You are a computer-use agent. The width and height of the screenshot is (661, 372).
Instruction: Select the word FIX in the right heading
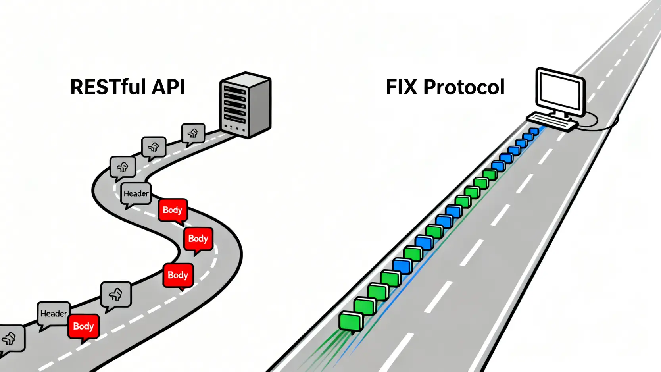pyautogui.click(x=402, y=87)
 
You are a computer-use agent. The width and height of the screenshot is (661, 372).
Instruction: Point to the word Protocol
pyautogui.click(x=464, y=87)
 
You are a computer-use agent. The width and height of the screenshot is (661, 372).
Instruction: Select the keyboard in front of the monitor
pyautogui.click(x=551, y=121)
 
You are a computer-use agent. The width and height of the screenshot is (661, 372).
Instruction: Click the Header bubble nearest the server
pyautogui.click(x=136, y=193)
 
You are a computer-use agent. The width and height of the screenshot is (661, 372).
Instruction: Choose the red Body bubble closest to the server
pyautogui.click(x=173, y=210)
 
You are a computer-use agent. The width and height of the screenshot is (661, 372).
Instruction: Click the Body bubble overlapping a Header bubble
pyautogui.click(x=83, y=326)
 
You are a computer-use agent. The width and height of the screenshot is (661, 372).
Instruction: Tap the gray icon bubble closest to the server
pyautogui.click(x=193, y=133)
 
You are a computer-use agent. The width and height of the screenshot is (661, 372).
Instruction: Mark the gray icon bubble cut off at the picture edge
pyautogui.click(x=11, y=339)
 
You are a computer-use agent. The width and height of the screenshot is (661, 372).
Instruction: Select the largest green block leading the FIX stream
pyautogui.click(x=351, y=321)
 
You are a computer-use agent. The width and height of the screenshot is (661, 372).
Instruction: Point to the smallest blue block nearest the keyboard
pyautogui.click(x=534, y=131)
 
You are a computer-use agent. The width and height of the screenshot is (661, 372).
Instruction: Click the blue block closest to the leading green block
pyautogui.click(x=402, y=266)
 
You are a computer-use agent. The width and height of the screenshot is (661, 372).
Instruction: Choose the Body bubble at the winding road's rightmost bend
pyautogui.click(x=198, y=239)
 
